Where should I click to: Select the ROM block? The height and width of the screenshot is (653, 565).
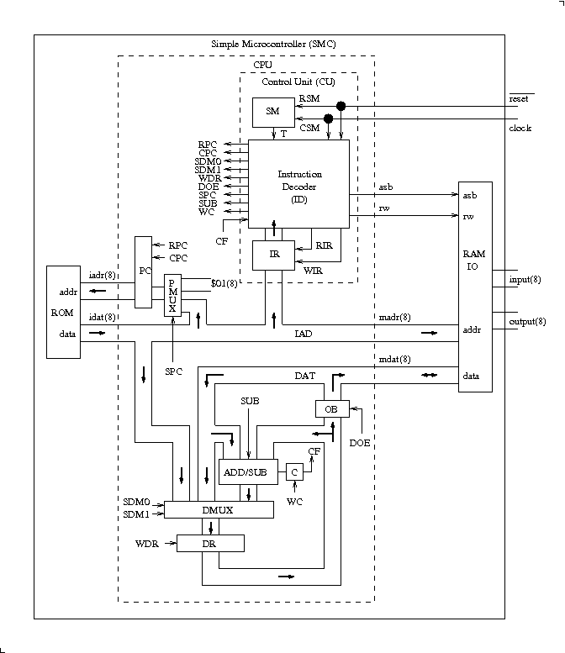[65, 311]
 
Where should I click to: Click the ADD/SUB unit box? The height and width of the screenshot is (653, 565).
[245, 471]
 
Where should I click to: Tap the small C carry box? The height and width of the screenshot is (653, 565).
[295, 471]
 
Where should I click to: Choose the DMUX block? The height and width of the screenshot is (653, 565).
[219, 510]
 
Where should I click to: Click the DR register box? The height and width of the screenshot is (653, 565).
[210, 544]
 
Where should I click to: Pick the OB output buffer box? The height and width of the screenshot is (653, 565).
[331, 408]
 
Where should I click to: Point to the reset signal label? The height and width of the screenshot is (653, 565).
[519, 99]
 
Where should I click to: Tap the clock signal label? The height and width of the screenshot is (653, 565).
[520, 128]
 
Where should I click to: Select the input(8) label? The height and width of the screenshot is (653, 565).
[525, 279]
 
